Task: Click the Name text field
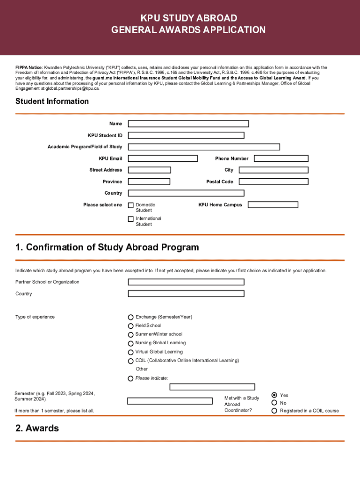pyautogui.click(x=188, y=124)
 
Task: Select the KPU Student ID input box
pyautogui.click(x=186, y=135)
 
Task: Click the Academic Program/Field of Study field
pyautogui.click(x=204, y=147)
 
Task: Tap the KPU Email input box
pyautogui.click(x=163, y=159)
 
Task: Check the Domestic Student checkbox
pyautogui.click(x=131, y=205)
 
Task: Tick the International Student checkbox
pyautogui.click(x=131, y=219)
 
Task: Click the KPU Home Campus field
pyautogui.click(x=273, y=205)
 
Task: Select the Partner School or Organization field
pyautogui.click(x=186, y=282)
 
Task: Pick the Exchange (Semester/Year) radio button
pyautogui.click(x=131, y=317)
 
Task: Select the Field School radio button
pyautogui.click(x=131, y=326)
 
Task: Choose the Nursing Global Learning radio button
pyautogui.click(x=131, y=343)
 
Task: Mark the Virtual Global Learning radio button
pyautogui.click(x=131, y=352)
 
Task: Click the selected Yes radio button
pyautogui.click(x=274, y=395)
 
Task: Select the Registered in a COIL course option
pyautogui.click(x=274, y=411)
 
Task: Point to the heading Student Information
pyautogui.click(x=52, y=102)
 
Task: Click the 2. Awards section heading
pyautogui.click(x=37, y=428)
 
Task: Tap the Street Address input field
pyautogui.click(x=149, y=170)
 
